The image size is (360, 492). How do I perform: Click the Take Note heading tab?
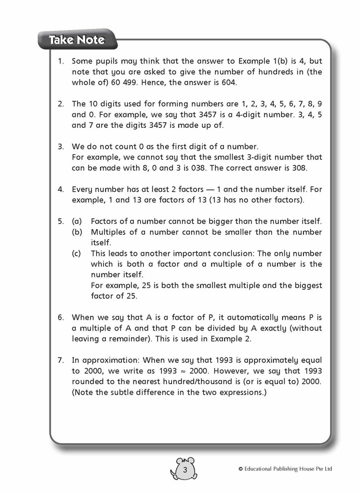click(x=76, y=40)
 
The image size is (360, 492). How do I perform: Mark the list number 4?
click(x=61, y=190)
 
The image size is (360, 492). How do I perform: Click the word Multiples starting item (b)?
click(x=108, y=232)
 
